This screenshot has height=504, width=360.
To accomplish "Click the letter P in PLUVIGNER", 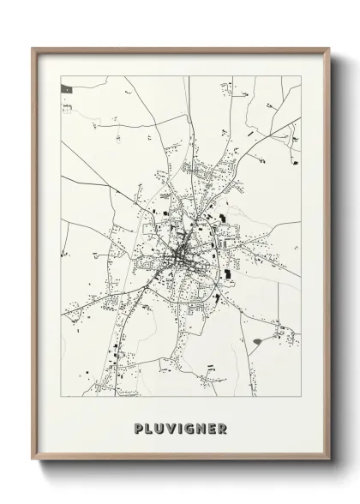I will pyautogui.click(x=139, y=429).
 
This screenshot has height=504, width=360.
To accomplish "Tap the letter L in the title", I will pyautogui.click(x=150, y=429).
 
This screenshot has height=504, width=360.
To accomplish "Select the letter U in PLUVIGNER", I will pyautogui.click(x=161, y=429).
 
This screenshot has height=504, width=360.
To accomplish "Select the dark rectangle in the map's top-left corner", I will pyautogui.click(x=66, y=87).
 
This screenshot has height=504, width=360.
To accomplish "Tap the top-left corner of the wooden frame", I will pyautogui.click(x=33, y=49).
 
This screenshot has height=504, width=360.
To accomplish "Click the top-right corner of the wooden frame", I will pyautogui.click(x=329, y=49).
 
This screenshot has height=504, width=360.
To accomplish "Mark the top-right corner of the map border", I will pyautogui.click(x=301, y=76).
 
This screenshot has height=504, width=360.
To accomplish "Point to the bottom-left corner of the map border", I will pyautogui.click(x=61, y=396).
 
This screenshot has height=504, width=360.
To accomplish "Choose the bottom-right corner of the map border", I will pyautogui.click(x=301, y=396).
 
